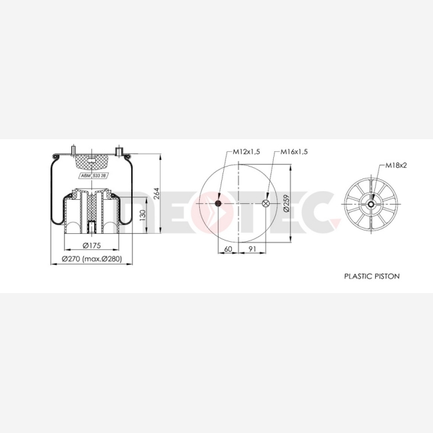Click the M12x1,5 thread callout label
(x=246, y=152)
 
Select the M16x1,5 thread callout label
(x=294, y=152)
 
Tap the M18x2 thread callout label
(x=396, y=165)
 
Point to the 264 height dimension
(x=157, y=194)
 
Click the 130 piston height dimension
(x=143, y=215)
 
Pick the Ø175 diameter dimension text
(x=92, y=245)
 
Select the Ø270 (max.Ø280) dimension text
(x=92, y=258)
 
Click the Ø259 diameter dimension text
(x=286, y=203)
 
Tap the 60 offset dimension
(x=228, y=249)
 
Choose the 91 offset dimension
(x=252, y=249)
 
